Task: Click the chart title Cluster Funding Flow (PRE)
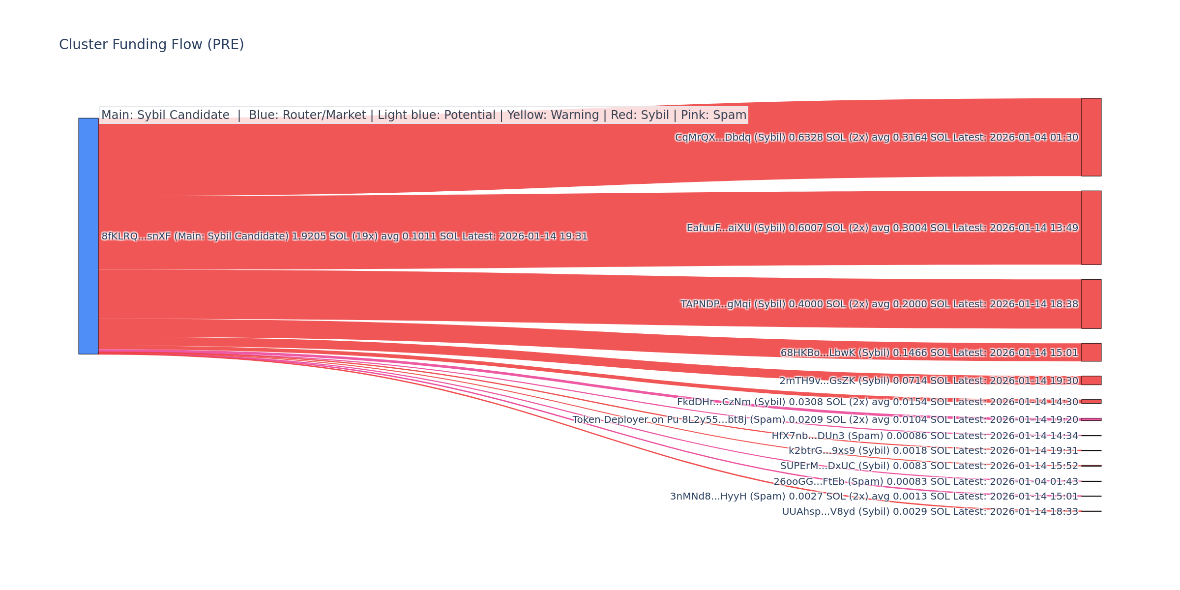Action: pyautogui.click(x=151, y=45)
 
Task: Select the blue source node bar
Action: pyautogui.click(x=88, y=236)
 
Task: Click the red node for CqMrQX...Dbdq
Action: pyautogui.click(x=1091, y=137)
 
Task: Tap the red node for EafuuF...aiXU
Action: pyautogui.click(x=1091, y=228)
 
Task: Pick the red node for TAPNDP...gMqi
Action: pyautogui.click(x=1091, y=304)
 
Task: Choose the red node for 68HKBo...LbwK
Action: pyautogui.click(x=1091, y=352)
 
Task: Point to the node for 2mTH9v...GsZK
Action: pyautogui.click(x=1091, y=381)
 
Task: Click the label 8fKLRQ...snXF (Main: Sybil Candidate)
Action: pyautogui.click(x=344, y=236)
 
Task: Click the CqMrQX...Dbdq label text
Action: pyautogui.click(x=876, y=138)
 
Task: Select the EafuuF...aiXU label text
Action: pyautogui.click(x=882, y=228)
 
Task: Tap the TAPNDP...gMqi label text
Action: pyautogui.click(x=879, y=304)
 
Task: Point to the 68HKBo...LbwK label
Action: pyautogui.click(x=929, y=353)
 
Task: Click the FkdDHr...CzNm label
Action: pyautogui.click(x=877, y=402)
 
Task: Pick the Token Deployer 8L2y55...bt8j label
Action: pyautogui.click(x=825, y=420)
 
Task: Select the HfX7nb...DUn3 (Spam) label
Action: pyautogui.click(x=924, y=436)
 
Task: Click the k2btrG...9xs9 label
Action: pyautogui.click(x=933, y=451)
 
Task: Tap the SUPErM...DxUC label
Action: pyautogui.click(x=929, y=466)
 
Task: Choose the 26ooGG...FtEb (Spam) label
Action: pyautogui.click(x=925, y=482)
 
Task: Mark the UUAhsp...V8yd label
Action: pyautogui.click(x=930, y=512)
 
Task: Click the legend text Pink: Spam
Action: pyautogui.click(x=713, y=115)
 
